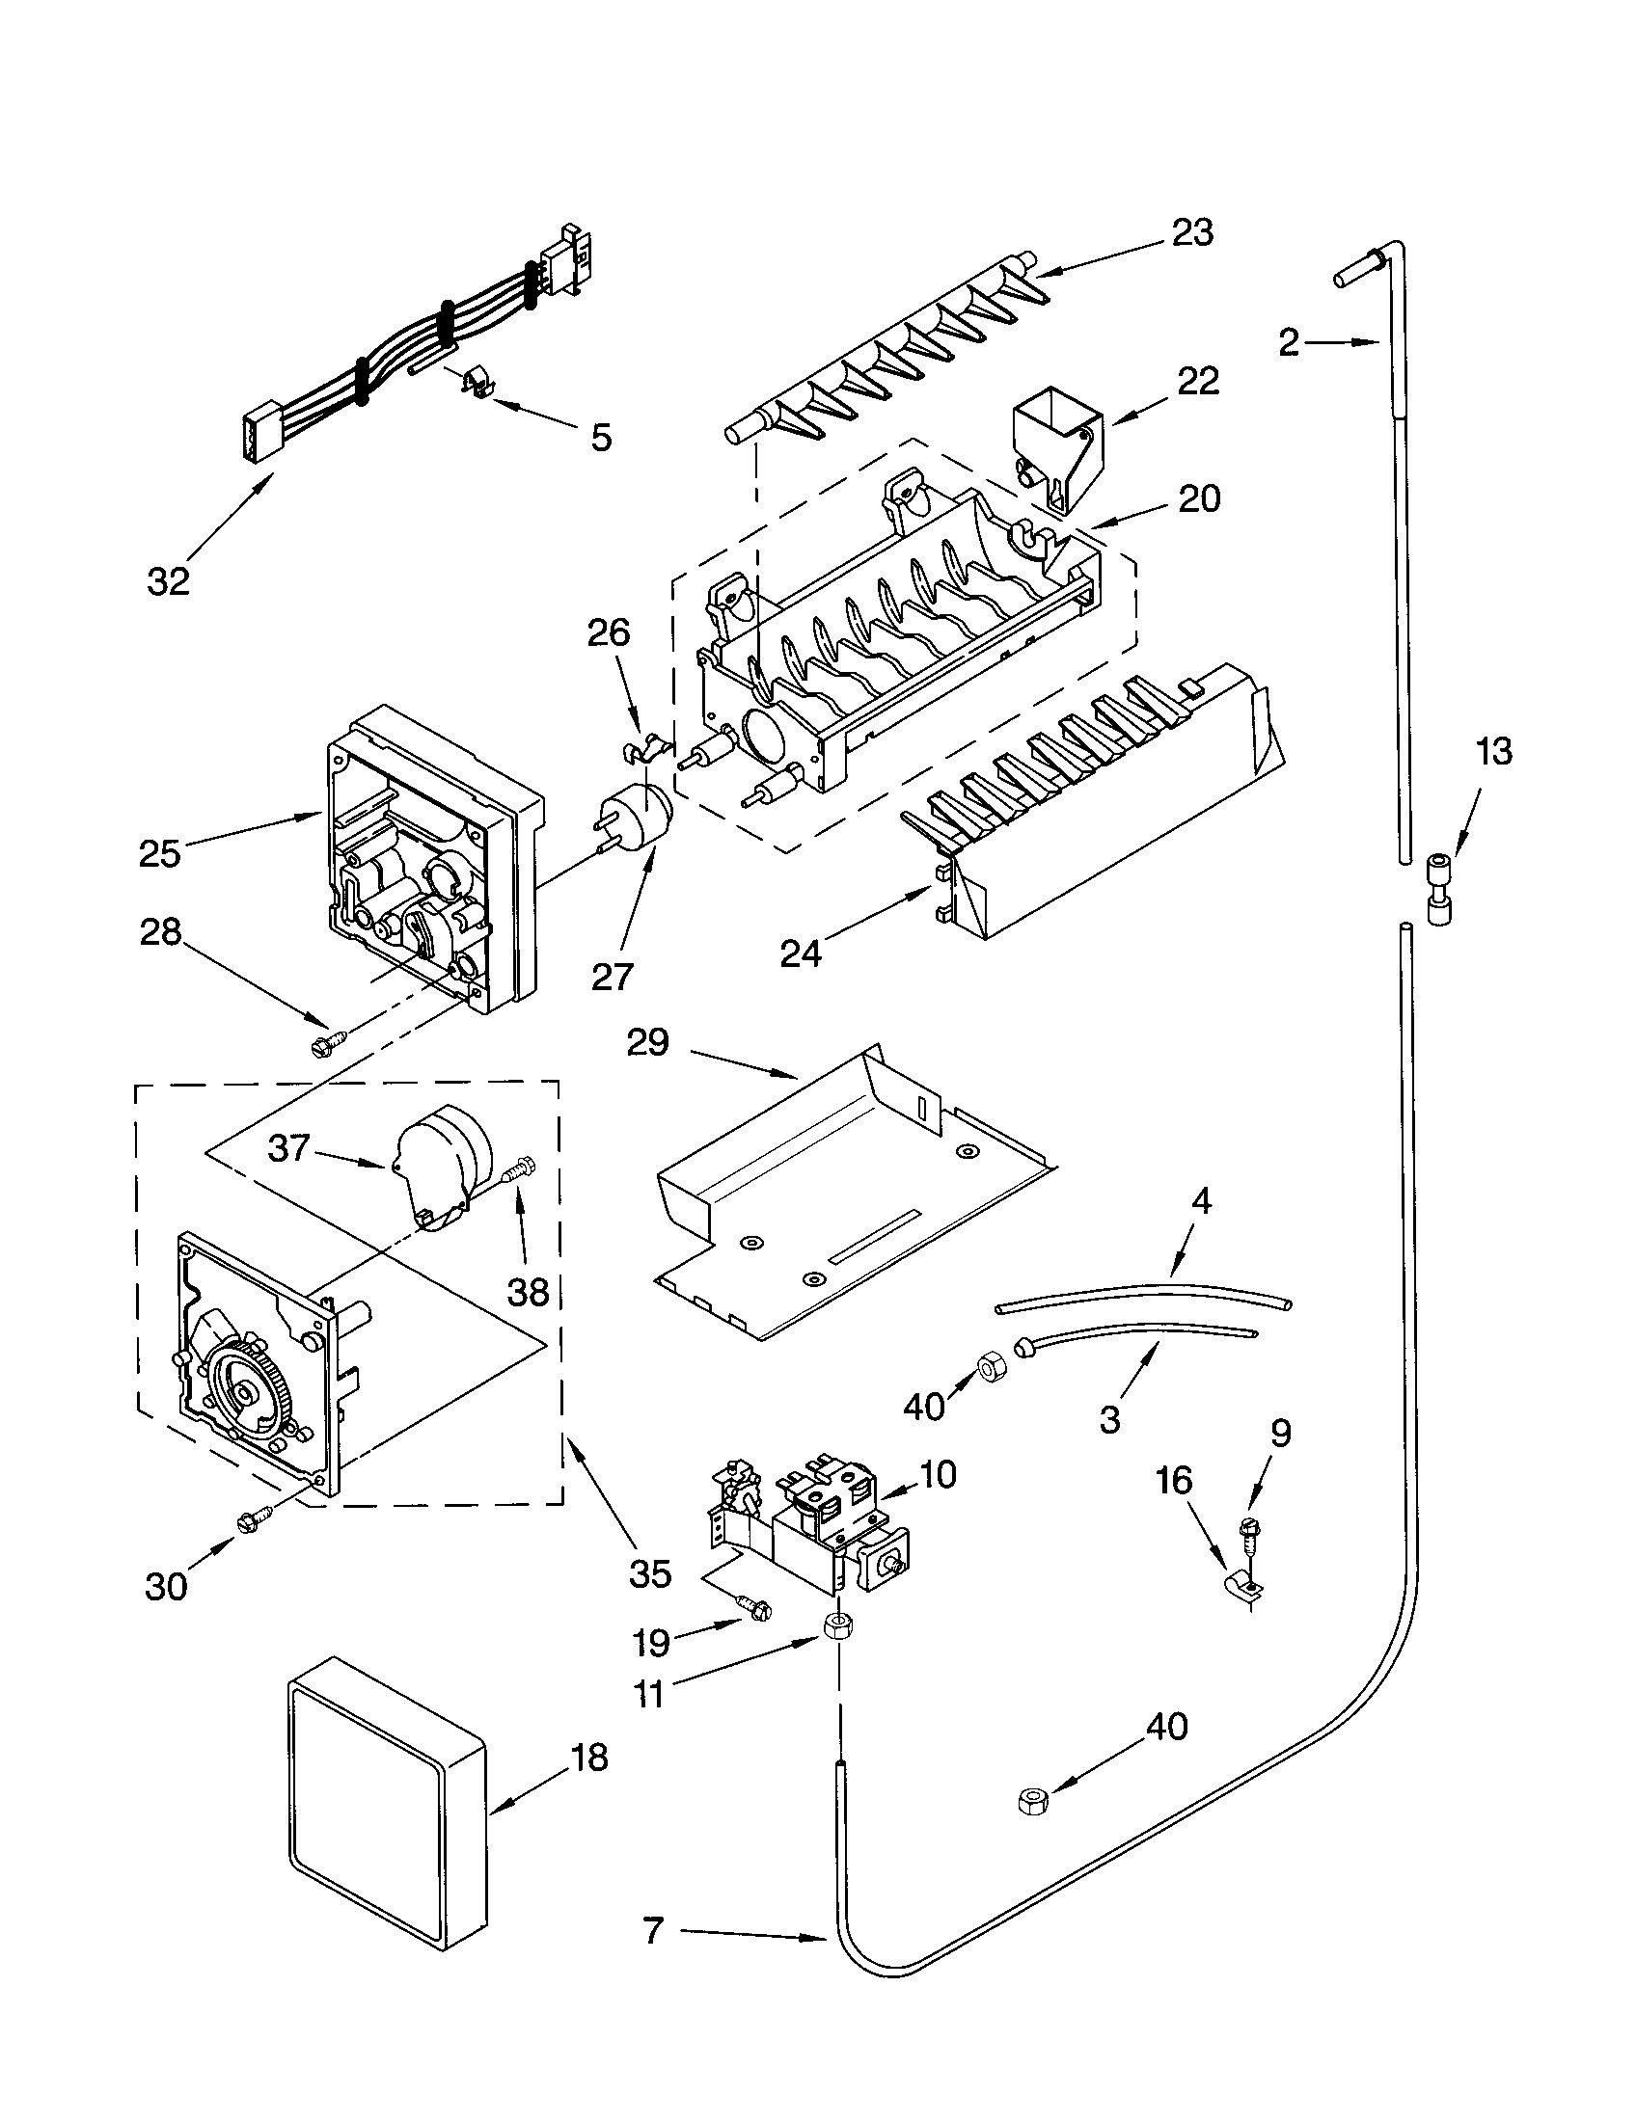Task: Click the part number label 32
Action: click(x=168, y=581)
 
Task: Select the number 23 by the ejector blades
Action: click(x=1192, y=233)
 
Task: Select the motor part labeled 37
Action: click(x=440, y=1168)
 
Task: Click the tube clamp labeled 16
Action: click(x=1242, y=1590)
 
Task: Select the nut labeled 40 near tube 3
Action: click(x=989, y=1370)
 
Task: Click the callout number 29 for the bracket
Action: click(x=648, y=1042)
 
